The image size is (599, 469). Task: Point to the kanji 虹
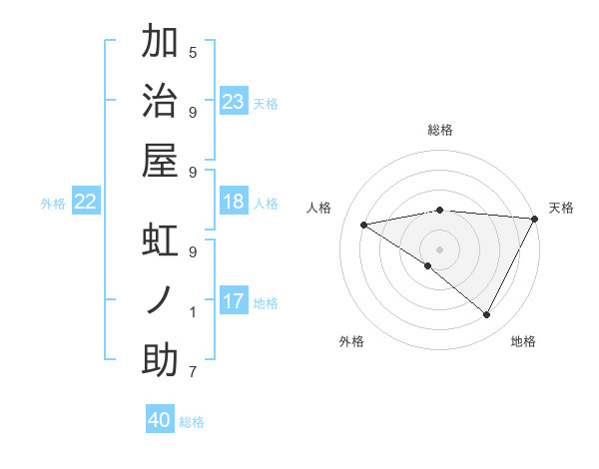pos(160,239)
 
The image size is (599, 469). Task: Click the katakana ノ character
pos(160,299)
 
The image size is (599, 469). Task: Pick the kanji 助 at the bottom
pos(160,359)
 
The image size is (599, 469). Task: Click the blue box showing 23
pos(234,102)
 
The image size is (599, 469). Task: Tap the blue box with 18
pos(234,203)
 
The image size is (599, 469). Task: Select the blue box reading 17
pos(234,301)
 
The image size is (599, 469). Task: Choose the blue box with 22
pos(86,203)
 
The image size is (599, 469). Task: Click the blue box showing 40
pos(160,420)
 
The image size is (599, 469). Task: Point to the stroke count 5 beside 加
pos(193,52)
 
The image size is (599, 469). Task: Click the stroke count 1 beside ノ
pos(193,312)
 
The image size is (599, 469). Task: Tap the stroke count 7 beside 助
pos(193,372)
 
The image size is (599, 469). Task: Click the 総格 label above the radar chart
pos(440,130)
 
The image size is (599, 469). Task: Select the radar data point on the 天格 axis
pos(535,220)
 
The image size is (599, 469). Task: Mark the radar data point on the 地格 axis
pos(487,315)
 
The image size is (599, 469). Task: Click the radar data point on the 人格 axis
pos(363,225)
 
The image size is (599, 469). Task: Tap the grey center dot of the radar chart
pos(440,248)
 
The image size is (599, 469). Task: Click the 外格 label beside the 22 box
pos(53,204)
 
